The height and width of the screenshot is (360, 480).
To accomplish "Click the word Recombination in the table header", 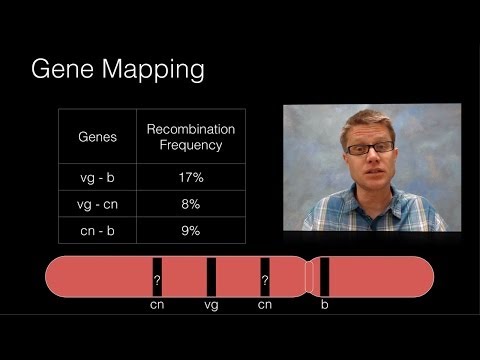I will pos(190,129).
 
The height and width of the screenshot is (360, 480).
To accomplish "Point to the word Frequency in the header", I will pos(190,145).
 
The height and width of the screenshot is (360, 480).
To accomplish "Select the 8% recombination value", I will pos(190,204).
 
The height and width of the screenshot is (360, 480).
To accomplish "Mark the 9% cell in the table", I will pos(190,231).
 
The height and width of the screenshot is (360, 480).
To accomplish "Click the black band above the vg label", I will pos(211,277).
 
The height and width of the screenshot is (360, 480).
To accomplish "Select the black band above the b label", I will pos(324,277).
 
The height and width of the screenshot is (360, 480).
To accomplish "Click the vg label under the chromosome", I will pos(211,304).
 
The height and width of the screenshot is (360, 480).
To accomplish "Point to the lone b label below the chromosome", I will pos(324,304).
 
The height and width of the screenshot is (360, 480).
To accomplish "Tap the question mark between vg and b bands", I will pos(265,281).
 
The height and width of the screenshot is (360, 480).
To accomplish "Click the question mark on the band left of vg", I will pos(157,281).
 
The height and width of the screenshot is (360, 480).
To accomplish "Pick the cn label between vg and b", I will pos(265,304).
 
